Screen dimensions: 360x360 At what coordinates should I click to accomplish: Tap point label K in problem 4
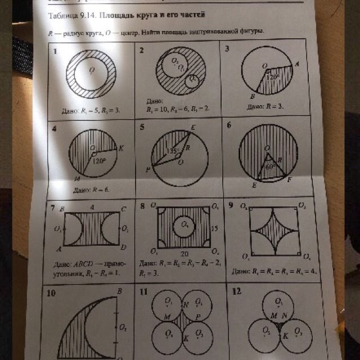tap(120, 148)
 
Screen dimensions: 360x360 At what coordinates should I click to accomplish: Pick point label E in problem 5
tap(192, 128)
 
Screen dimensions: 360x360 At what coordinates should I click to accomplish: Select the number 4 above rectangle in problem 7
tap(92, 207)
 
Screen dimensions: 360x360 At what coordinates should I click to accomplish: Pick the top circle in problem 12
tap(276, 303)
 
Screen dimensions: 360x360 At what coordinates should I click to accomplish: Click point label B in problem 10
tap(119, 291)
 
